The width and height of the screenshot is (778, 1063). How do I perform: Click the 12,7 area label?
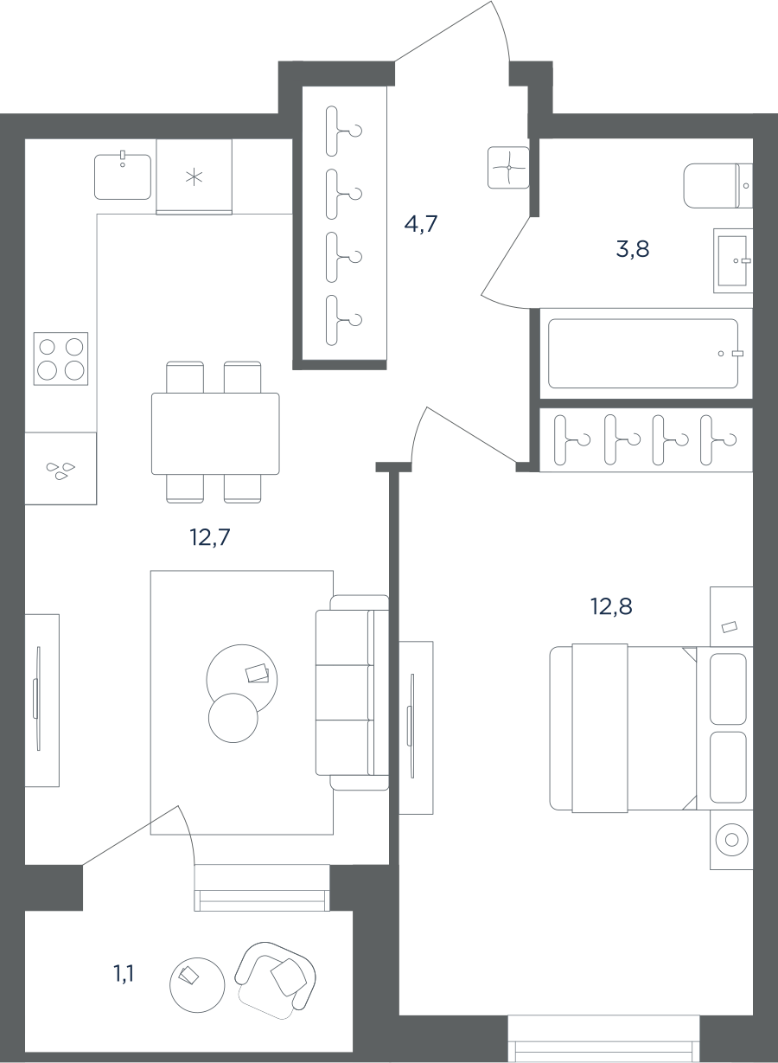pyautogui.click(x=210, y=537)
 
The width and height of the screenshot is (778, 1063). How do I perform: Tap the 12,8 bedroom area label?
pyautogui.click(x=611, y=606)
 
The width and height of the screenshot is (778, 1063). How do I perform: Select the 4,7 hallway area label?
pyautogui.click(x=420, y=223)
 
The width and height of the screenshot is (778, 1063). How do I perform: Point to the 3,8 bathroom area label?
pyautogui.click(x=633, y=248)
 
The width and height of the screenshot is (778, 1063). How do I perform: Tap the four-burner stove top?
pyautogui.click(x=61, y=359)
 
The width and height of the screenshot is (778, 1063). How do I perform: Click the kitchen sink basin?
pyautogui.click(x=123, y=176)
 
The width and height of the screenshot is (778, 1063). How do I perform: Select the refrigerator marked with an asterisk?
pyautogui.click(x=194, y=176)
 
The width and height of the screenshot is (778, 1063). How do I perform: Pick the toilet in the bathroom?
pyautogui.click(x=717, y=186)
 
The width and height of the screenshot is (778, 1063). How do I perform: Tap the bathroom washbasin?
pyautogui.click(x=733, y=260)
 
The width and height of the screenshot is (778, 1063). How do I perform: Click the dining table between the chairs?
pyautogui.click(x=215, y=433)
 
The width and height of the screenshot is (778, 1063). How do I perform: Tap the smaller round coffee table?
pyautogui.click(x=233, y=718)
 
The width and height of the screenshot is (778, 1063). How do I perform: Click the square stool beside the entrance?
pyautogui.click(x=508, y=167)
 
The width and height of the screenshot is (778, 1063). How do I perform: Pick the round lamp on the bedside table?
pyautogui.click(x=732, y=840)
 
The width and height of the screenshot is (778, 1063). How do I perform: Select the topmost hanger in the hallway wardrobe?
pyautogui.click(x=343, y=131)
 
